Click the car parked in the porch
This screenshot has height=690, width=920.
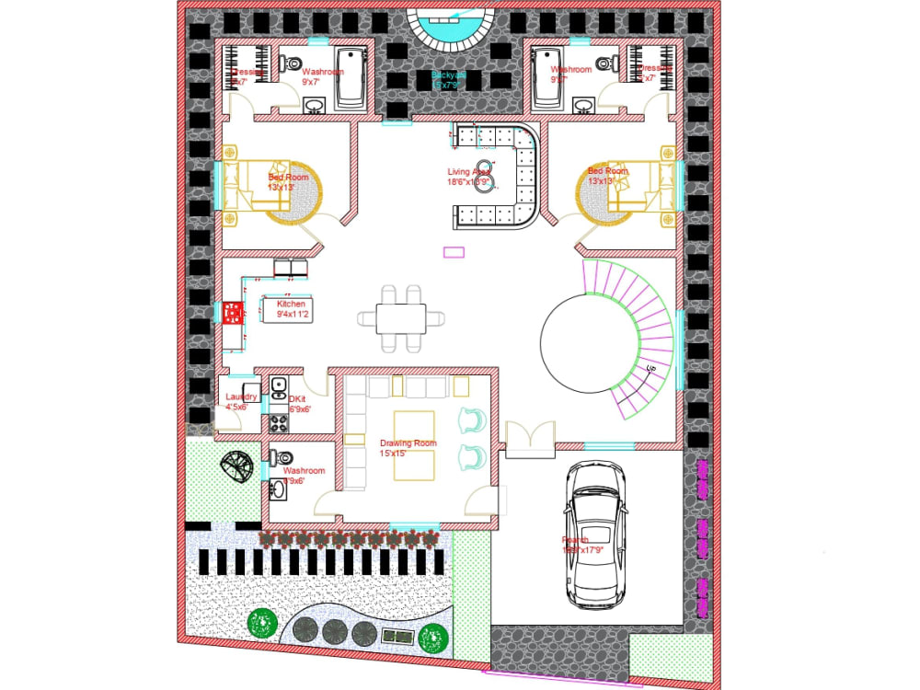[x=594, y=535]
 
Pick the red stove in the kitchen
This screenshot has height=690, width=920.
[x=231, y=314]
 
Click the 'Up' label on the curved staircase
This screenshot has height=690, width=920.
[x=650, y=369]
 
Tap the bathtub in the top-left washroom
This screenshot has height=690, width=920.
[x=350, y=78]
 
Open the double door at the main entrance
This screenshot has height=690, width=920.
[x=530, y=439]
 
